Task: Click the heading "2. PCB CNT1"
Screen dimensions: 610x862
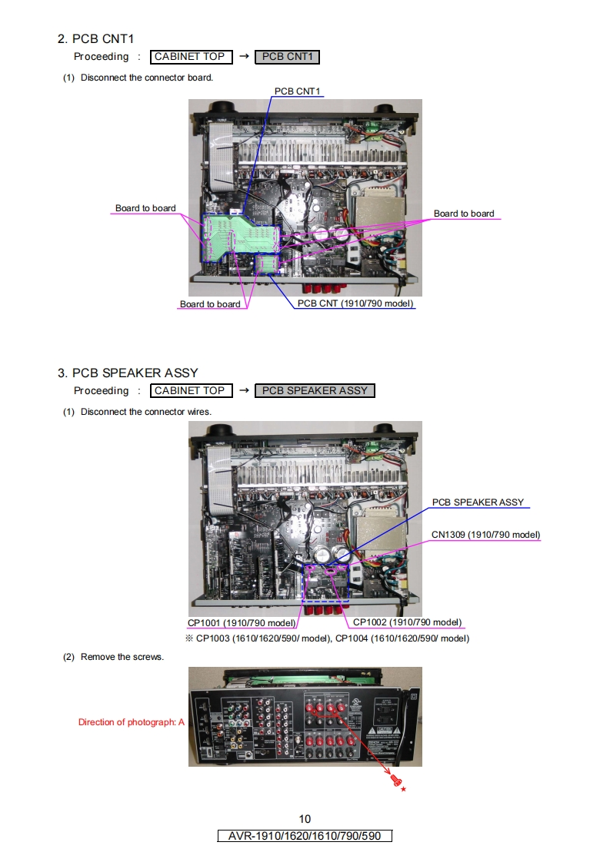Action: (x=97, y=39)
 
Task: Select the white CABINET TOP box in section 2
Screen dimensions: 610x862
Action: (x=190, y=57)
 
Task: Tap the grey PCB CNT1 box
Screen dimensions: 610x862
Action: (x=286, y=57)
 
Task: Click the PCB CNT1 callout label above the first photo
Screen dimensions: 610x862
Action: (x=297, y=91)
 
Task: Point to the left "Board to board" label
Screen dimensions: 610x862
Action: (x=145, y=208)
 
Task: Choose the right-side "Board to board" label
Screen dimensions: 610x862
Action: (x=464, y=214)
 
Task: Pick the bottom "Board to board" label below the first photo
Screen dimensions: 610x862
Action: (x=210, y=304)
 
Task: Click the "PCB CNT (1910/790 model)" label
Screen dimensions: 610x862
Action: (x=355, y=303)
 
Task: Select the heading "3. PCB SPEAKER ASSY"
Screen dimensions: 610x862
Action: (x=128, y=373)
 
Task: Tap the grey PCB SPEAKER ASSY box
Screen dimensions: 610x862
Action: (x=315, y=390)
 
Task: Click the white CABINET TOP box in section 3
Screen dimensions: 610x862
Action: (x=190, y=390)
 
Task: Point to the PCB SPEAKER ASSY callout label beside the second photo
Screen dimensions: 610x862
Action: (x=478, y=502)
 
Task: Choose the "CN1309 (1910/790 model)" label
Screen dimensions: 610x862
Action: (x=485, y=535)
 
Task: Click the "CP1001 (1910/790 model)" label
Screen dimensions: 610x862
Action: (x=242, y=622)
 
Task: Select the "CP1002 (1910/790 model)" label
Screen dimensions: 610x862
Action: (x=407, y=622)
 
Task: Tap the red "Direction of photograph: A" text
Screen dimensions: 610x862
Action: (x=132, y=722)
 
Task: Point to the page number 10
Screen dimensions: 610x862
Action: (x=305, y=819)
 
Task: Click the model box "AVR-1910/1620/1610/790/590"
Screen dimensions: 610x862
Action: (x=305, y=836)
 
